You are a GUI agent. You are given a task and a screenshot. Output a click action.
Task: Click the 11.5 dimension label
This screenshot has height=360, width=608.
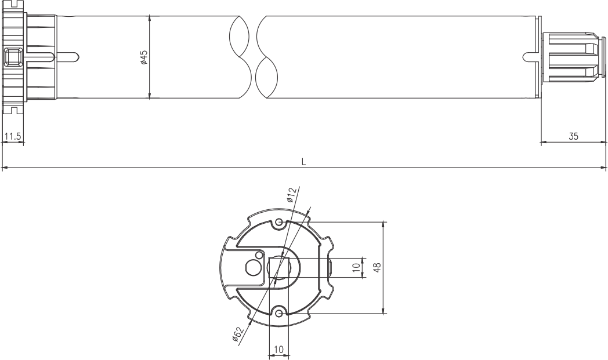13,136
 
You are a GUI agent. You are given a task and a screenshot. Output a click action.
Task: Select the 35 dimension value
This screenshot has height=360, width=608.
573,136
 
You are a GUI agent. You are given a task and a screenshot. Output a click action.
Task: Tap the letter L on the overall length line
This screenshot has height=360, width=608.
303,162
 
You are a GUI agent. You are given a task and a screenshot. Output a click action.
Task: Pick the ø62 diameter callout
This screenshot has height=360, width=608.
237,334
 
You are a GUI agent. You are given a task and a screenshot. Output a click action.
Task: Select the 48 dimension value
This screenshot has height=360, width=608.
377,267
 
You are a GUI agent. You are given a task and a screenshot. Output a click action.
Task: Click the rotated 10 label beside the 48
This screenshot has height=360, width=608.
356,267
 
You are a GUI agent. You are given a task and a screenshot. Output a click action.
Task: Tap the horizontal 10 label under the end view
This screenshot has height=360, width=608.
279,350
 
